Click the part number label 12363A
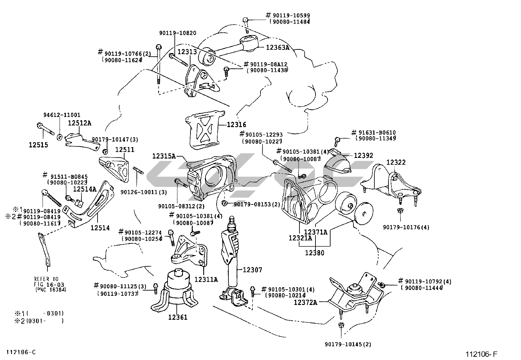(x=277, y=47)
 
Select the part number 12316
(x=237, y=125)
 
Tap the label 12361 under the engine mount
(x=178, y=317)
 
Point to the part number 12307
(x=252, y=270)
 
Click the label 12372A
(x=305, y=302)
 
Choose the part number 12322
(x=396, y=162)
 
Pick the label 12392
(x=363, y=156)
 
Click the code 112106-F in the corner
(x=482, y=354)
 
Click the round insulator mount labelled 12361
(x=177, y=288)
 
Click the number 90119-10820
(x=178, y=33)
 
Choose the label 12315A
(x=164, y=156)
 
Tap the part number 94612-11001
(x=62, y=115)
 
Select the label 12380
(x=315, y=253)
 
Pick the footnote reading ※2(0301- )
(x=39, y=321)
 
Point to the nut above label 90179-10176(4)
(x=400, y=211)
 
